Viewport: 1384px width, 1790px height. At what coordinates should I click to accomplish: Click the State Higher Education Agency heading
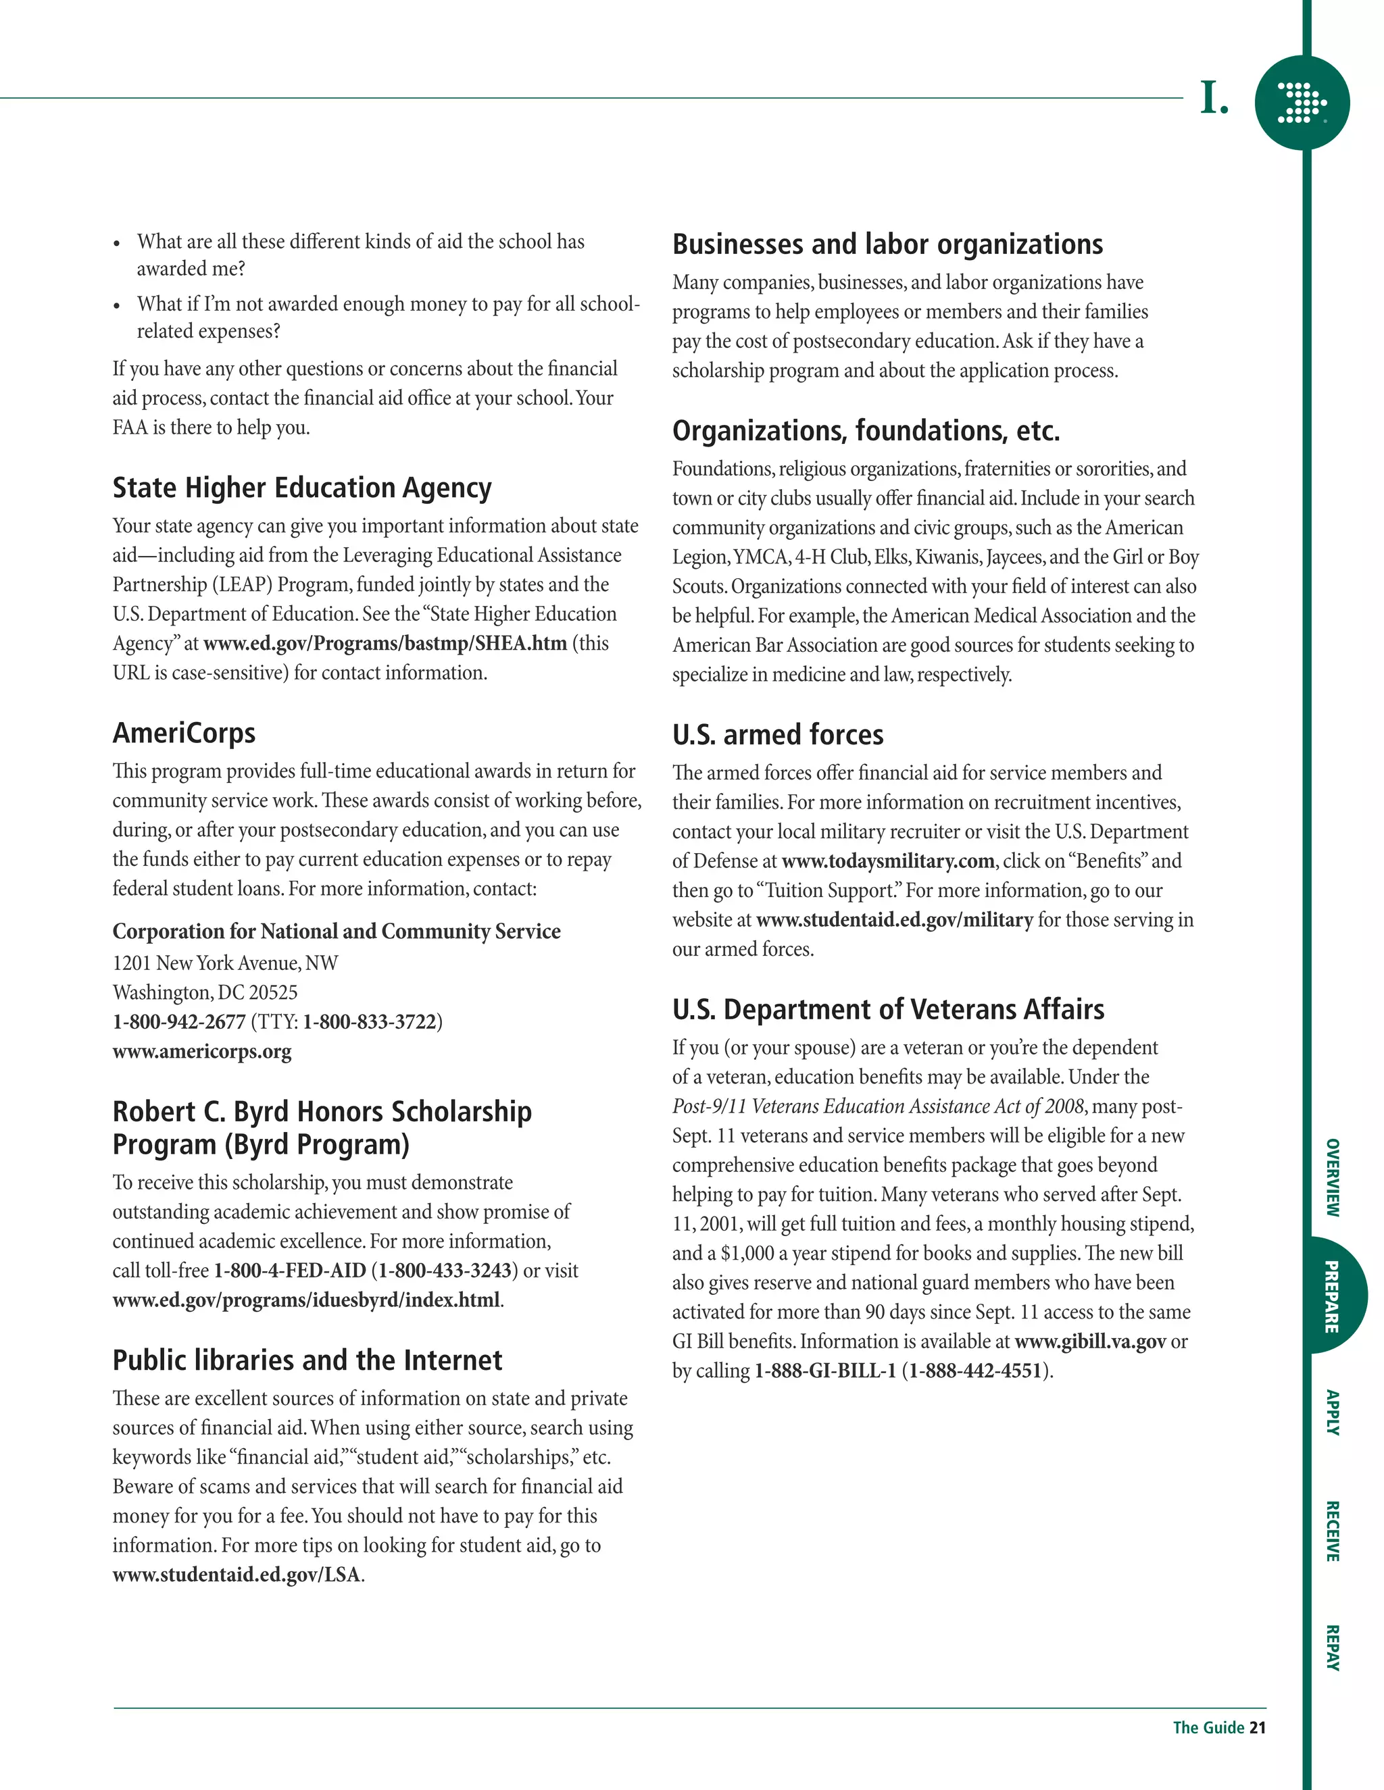click(301, 488)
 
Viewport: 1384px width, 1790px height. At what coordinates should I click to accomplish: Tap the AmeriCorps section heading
click(184, 733)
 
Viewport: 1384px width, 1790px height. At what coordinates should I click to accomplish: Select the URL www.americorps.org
click(201, 1052)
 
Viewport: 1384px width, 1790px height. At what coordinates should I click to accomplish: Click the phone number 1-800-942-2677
click(178, 1022)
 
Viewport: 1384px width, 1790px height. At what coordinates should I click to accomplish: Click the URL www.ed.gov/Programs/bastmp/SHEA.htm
click(385, 643)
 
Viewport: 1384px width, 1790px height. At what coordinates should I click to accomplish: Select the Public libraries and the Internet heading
click(307, 1360)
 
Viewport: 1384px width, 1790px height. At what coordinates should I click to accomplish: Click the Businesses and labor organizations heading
click(887, 245)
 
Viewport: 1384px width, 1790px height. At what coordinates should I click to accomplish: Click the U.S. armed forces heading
click(777, 735)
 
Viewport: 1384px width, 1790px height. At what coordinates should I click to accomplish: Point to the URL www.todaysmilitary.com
click(888, 861)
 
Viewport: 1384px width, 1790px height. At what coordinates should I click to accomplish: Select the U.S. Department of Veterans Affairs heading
click(888, 1010)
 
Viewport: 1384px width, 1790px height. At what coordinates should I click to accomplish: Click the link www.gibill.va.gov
click(1089, 1341)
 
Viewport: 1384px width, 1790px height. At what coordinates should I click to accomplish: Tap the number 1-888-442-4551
click(975, 1371)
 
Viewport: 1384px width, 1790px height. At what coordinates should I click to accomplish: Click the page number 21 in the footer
click(1257, 1728)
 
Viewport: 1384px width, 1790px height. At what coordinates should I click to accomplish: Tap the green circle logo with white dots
click(1302, 103)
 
